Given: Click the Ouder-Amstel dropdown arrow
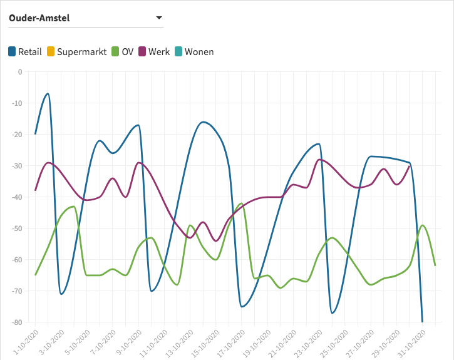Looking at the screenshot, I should [158, 18].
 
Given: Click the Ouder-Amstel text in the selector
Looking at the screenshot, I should [39, 18].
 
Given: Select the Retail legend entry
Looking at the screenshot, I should [25, 51].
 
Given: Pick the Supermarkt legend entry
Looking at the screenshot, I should [76, 51].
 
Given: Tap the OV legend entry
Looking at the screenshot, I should [122, 51].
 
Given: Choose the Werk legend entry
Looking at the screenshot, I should [153, 51].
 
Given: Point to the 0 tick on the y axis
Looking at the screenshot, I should [19, 71].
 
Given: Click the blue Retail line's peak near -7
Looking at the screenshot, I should [48, 93].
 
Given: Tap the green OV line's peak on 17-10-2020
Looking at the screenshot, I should [242, 203].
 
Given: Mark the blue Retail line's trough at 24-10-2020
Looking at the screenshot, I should [333, 312].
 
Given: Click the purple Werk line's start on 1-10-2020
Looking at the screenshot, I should [36, 190].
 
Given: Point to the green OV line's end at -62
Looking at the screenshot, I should [435, 265].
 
